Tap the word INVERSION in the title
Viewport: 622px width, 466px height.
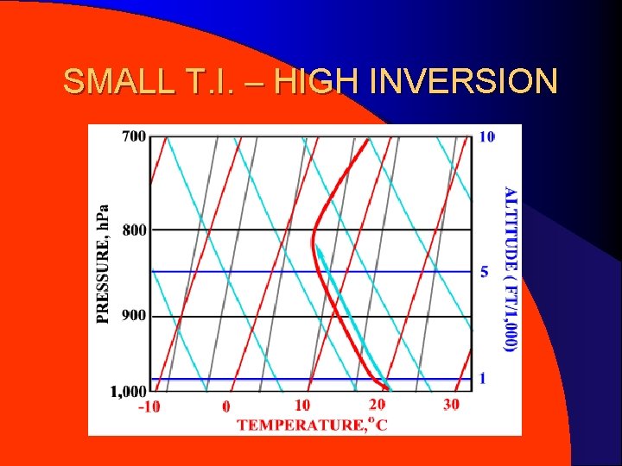pos(463,82)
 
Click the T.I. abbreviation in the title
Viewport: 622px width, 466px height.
pos(206,82)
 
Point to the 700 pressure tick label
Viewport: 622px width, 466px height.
pos(134,136)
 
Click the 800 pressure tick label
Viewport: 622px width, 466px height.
pos(134,230)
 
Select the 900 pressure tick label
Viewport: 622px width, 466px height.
pos(134,316)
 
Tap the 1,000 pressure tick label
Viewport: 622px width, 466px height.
pos(129,392)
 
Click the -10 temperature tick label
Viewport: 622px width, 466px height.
pos(149,406)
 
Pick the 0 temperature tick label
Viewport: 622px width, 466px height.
pos(225,406)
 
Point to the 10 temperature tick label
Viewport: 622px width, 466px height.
pos(301,405)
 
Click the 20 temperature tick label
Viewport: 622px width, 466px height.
pos(377,404)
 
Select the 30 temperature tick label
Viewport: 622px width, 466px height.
pos(451,404)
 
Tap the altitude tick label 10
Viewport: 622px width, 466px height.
pos(487,136)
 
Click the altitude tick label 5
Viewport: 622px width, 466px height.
pos(484,271)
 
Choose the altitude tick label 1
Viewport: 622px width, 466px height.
pos(483,378)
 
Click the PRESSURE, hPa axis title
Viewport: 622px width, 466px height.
pos(104,263)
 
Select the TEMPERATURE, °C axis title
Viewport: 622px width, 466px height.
pos(312,424)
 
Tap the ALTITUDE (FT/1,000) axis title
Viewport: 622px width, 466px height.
pos(510,268)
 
